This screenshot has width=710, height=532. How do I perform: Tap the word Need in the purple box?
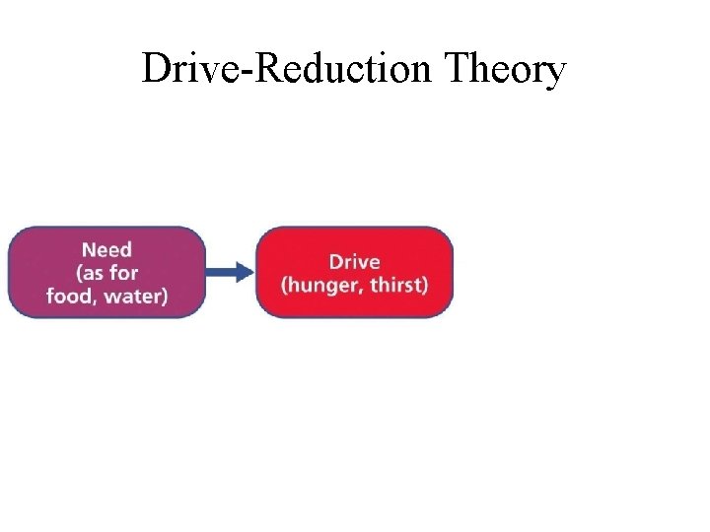pos(106,250)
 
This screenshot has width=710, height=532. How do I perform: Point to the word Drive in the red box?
pos(354,262)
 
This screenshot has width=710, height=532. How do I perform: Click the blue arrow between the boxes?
pos(231,273)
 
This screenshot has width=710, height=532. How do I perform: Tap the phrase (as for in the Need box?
pos(106,273)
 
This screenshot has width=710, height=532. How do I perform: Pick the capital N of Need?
pos(88,250)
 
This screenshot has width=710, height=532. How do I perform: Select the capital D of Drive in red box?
pos(335,262)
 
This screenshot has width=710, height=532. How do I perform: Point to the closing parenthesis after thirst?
pos(424,286)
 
